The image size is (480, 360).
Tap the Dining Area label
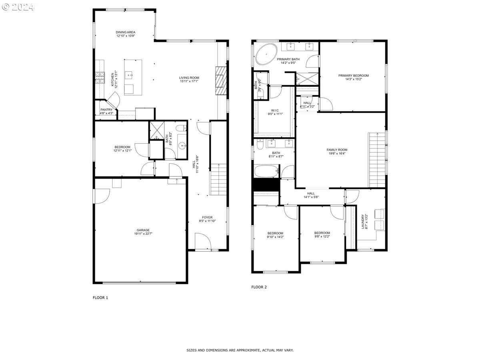(126, 34)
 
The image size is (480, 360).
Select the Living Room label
(189, 80)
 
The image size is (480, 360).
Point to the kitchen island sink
(129, 74)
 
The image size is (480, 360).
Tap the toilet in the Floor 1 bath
(181, 128)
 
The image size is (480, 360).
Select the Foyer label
(207, 219)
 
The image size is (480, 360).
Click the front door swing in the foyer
(202, 242)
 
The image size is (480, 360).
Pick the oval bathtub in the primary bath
(266, 55)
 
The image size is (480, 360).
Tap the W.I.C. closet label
(275, 112)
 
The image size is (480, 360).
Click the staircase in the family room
(376, 160)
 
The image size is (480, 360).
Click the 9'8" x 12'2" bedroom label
(322, 235)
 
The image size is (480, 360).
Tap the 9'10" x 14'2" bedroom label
(275, 235)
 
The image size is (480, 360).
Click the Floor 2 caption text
(259, 287)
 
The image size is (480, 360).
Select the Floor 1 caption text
(100, 298)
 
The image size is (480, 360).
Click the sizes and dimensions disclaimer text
(240, 350)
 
